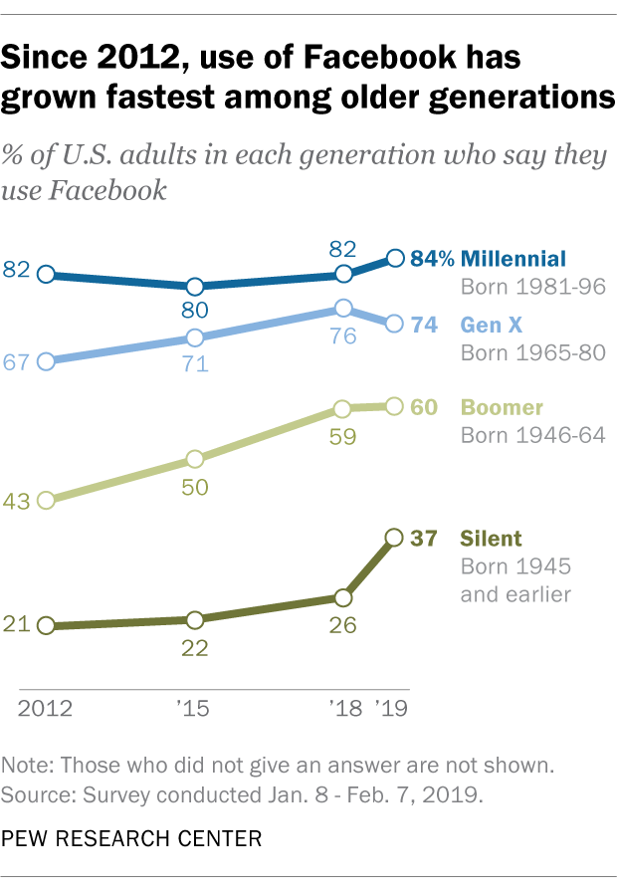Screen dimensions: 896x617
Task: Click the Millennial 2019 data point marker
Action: click(394, 259)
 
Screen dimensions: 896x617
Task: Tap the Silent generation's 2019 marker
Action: click(394, 538)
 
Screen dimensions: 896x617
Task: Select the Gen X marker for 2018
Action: click(343, 309)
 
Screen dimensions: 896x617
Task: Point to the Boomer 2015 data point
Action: click(195, 459)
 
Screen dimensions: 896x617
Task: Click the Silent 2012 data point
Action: click(46, 625)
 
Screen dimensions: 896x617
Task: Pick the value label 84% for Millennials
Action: click(433, 259)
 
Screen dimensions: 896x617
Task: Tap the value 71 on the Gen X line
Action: click(195, 363)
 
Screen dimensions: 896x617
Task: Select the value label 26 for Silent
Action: click(343, 627)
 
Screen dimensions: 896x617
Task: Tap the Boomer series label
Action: click(502, 407)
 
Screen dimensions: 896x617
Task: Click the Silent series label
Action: click(491, 539)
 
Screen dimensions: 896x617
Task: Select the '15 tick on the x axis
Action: click(195, 708)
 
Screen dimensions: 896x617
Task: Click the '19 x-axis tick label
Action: click(392, 708)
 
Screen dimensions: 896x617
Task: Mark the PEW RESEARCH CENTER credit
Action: click(132, 838)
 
